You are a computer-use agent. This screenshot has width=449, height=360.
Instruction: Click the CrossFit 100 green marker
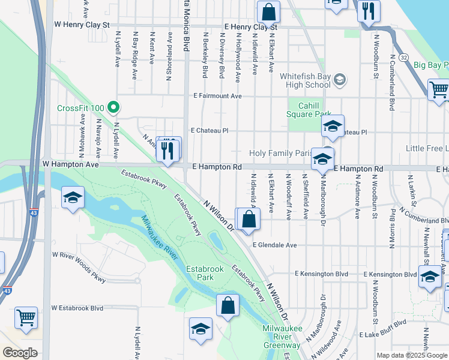coord(112,108)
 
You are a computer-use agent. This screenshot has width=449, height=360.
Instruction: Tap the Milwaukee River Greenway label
coord(282,337)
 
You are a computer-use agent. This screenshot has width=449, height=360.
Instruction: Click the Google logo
coord(20,353)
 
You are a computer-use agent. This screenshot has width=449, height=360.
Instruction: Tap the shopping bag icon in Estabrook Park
coord(229,305)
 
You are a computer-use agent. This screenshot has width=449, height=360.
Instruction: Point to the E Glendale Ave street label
coord(275,245)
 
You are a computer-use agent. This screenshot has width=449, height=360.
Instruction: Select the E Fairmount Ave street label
coord(217,96)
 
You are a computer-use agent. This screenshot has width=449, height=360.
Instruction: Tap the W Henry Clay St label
coord(82,25)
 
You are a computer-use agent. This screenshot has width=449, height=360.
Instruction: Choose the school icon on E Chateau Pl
coord(333,126)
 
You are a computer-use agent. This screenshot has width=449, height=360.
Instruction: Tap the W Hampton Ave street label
coord(71,164)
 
